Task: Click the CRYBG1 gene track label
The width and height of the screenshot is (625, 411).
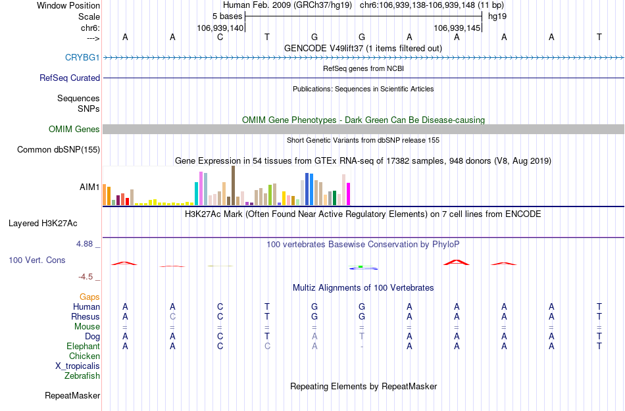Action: click(82, 58)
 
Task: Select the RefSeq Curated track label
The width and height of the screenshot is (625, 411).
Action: click(70, 78)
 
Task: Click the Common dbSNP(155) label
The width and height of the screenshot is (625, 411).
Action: click(58, 150)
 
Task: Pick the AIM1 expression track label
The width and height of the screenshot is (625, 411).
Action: click(89, 187)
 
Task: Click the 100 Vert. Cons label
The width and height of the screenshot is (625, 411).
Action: click(37, 260)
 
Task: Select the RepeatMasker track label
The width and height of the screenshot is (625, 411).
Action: click(72, 396)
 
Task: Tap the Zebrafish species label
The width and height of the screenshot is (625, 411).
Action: click(82, 376)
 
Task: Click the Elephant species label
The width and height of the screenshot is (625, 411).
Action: click(83, 347)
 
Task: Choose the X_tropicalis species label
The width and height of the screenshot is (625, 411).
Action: click(78, 366)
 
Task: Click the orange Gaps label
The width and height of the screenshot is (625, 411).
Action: click(89, 297)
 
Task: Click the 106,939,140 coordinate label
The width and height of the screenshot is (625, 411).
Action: click(220, 28)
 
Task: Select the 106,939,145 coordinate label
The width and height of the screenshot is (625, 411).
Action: click(457, 28)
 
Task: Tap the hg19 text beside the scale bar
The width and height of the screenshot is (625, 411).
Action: click(497, 16)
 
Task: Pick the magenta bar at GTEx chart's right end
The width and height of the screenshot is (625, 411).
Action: click(349, 194)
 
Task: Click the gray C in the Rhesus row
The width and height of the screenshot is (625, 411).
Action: click(172, 317)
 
